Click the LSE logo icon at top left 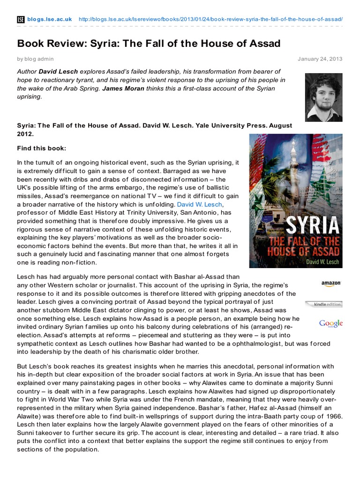pyautogui.click(x=21, y=19)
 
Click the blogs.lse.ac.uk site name pyautogui.click(x=49, y=19)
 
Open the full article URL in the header pyautogui.click(x=210, y=19)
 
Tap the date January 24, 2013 pyautogui.click(x=320, y=59)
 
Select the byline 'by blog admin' pyautogui.click(x=35, y=59)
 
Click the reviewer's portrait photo pyautogui.click(x=323, y=97)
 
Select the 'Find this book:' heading pyautogui.click(x=42, y=149)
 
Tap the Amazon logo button pyautogui.click(x=331, y=284)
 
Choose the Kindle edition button pyautogui.click(x=323, y=304)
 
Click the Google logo pyautogui.click(x=331, y=323)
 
